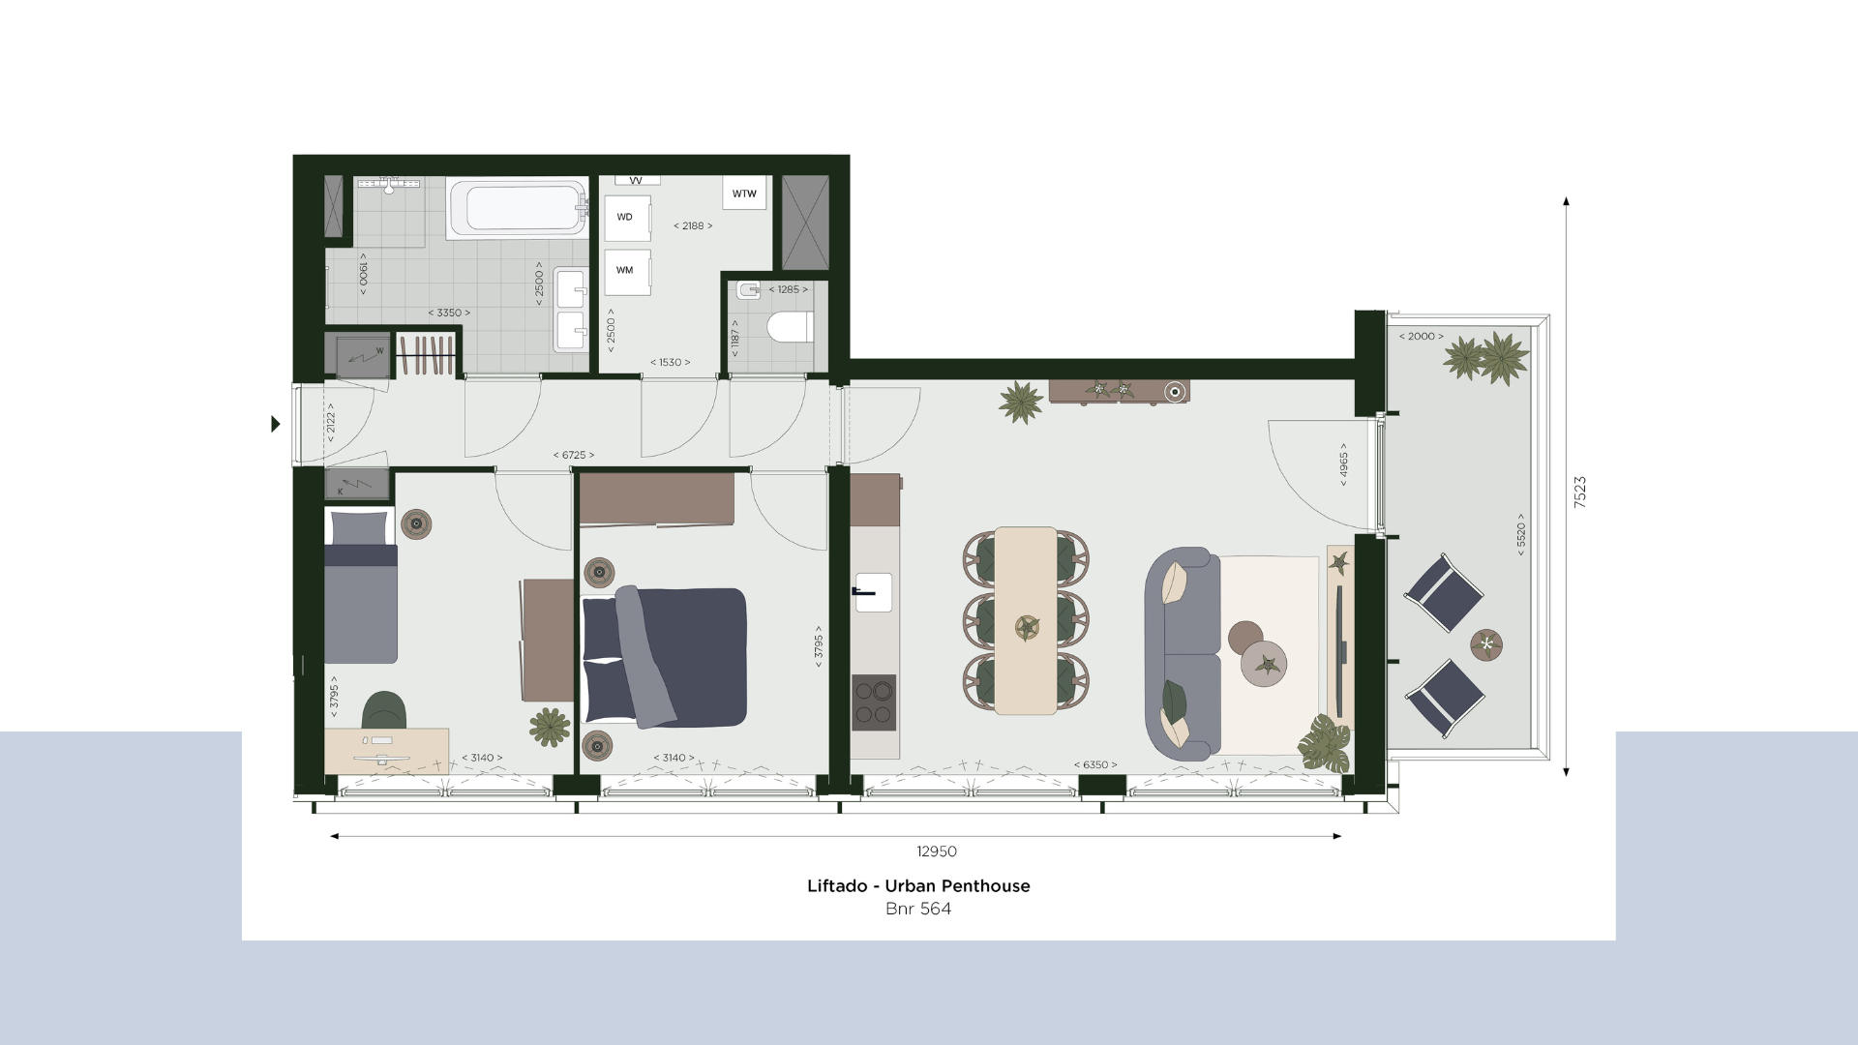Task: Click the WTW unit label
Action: coord(744,194)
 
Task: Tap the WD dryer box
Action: coord(626,218)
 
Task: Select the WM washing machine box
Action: coord(626,271)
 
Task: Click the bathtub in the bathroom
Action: coord(518,208)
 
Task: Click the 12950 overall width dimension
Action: coord(937,851)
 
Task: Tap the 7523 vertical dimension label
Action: coord(1580,492)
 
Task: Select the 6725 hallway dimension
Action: coord(574,455)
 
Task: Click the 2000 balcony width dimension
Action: coord(1421,337)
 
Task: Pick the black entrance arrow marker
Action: coord(276,424)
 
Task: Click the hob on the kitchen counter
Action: coord(874,702)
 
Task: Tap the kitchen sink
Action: coord(873,592)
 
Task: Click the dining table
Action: coord(1026,620)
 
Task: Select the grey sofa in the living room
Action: coord(1183,654)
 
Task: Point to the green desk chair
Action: coord(384,710)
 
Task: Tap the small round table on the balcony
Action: coord(1486,644)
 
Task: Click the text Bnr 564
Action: coord(918,909)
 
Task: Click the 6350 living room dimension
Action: coord(1095,765)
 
